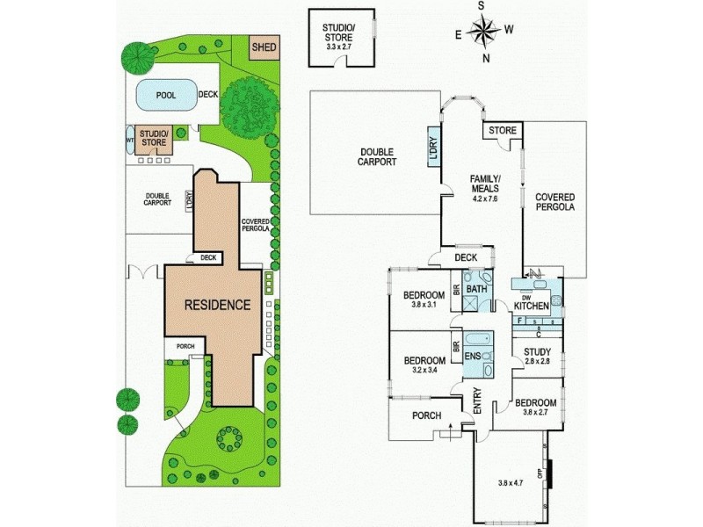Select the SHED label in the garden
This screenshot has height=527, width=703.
[262, 47]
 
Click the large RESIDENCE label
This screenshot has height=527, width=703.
[217, 305]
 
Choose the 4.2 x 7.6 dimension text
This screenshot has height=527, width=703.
[483, 198]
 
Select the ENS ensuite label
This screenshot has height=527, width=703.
[473, 355]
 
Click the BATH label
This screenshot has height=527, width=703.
[476, 289]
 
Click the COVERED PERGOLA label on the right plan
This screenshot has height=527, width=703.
[554, 203]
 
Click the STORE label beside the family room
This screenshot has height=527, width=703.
[504, 131]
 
